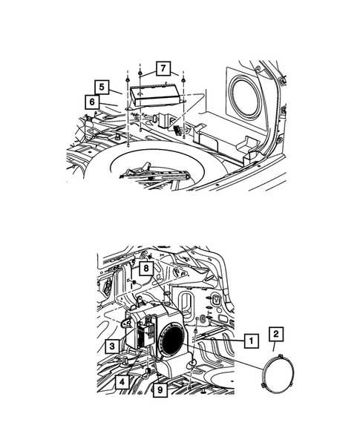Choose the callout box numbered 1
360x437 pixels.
tap(251, 340)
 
